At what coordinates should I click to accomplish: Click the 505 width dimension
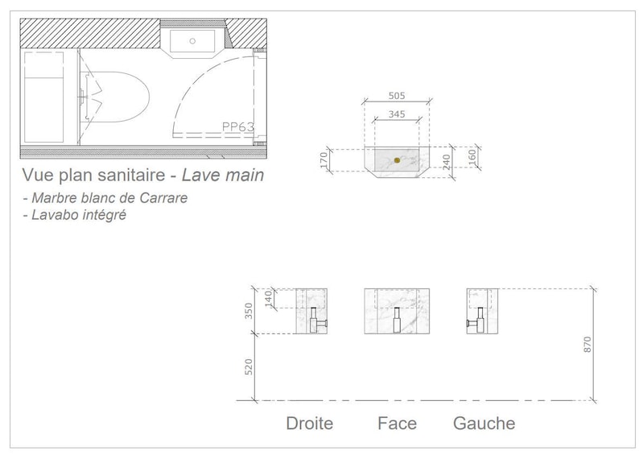(x=397, y=96)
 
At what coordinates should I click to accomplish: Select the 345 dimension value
(x=397, y=114)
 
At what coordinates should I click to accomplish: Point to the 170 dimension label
(x=324, y=159)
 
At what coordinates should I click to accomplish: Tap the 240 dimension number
(x=447, y=162)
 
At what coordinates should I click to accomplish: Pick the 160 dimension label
(x=472, y=157)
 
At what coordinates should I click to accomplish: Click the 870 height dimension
(x=587, y=345)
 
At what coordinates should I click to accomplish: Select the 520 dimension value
(x=248, y=367)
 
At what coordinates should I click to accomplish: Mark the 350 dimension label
(x=248, y=311)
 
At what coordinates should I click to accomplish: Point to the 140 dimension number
(x=268, y=299)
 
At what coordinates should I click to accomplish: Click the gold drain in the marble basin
(x=397, y=160)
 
